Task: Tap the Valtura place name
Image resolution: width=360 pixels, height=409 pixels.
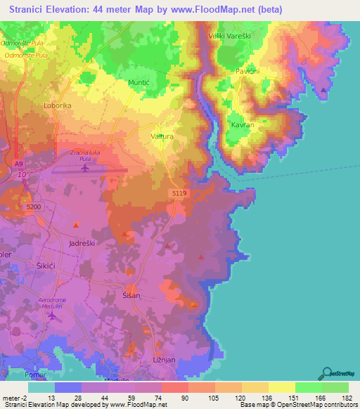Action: (x=162, y=137)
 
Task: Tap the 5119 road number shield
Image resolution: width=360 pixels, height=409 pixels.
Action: (x=178, y=192)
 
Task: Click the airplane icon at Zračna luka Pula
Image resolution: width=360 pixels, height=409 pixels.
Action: (x=86, y=167)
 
